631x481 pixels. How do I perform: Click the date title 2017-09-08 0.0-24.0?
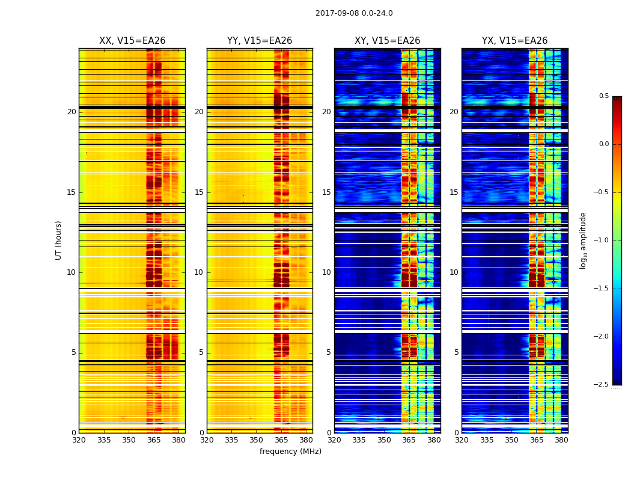pos(354,13)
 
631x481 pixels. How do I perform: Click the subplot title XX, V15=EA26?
pos(132,41)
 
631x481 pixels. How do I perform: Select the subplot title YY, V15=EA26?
pos(260,41)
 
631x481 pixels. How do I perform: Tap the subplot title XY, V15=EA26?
pos(387,41)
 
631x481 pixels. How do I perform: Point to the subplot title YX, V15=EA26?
pos(514,41)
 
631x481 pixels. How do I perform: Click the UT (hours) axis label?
pos(58,240)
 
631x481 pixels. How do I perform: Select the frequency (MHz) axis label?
pos(290,452)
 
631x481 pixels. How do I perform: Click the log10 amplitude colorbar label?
pos(583,240)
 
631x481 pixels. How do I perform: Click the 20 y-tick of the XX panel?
pos(72,112)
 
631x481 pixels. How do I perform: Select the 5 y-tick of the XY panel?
pos(328,352)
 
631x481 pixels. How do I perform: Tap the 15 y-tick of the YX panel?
pos(454,192)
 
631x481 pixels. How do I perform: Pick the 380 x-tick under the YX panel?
pos(561,440)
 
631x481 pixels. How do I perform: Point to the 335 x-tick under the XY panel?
pos(359,440)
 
